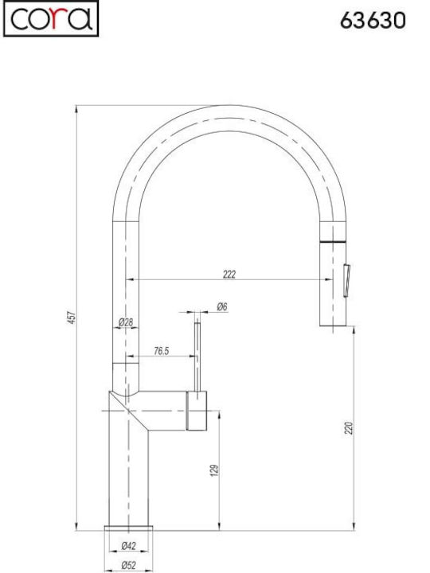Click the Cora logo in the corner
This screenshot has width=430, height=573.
(51, 18)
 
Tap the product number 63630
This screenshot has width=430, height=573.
(373, 20)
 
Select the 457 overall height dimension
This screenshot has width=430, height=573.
(72, 318)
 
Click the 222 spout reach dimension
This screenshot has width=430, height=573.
(229, 274)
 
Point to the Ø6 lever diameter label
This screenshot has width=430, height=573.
(222, 306)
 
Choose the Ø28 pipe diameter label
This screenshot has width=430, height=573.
(126, 322)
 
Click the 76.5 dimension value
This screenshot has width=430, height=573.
(161, 351)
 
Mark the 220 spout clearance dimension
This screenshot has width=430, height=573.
(350, 428)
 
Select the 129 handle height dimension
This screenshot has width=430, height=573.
(215, 470)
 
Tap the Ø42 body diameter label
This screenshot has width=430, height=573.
(128, 546)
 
